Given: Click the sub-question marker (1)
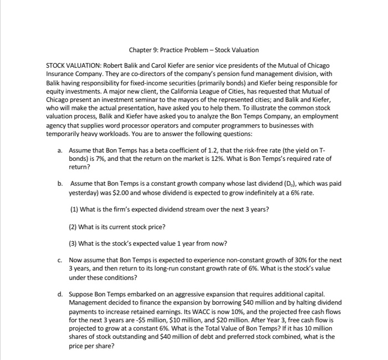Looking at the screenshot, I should point(75,209).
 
